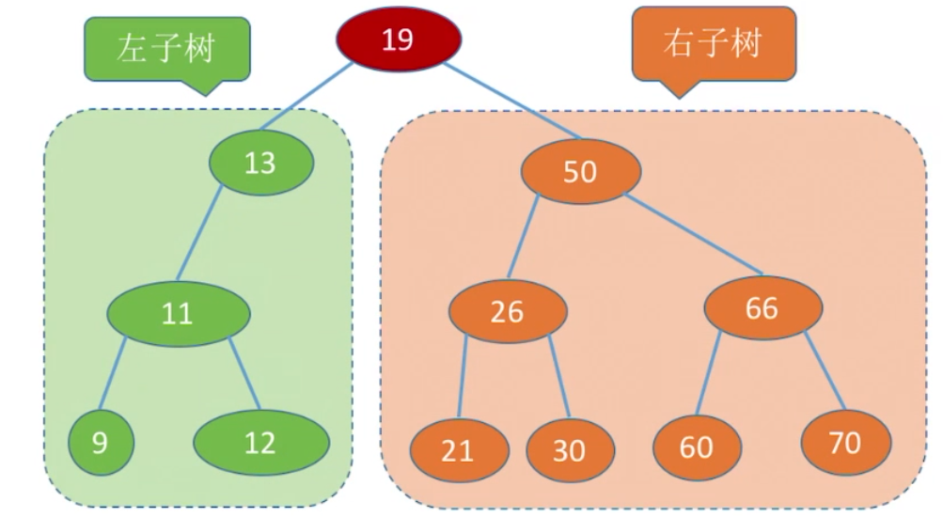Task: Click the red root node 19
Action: pos(399,39)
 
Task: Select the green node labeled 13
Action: pos(261,163)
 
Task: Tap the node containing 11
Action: pos(179,314)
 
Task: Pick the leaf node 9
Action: pos(101,443)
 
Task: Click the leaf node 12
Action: pos(261,443)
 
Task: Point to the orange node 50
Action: pos(581,171)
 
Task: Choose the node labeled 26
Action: pos(509,311)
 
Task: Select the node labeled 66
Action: pos(763,307)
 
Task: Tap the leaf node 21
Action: pos(460,450)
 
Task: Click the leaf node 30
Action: pos(570,450)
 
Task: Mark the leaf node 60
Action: pos(697,447)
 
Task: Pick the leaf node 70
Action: pos(846,443)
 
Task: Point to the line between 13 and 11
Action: pos(199,233)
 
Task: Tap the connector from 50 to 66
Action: pos(694,234)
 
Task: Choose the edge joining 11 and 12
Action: pos(244,374)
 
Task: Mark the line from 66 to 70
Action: pos(825,371)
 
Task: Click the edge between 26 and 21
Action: pos(463,376)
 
